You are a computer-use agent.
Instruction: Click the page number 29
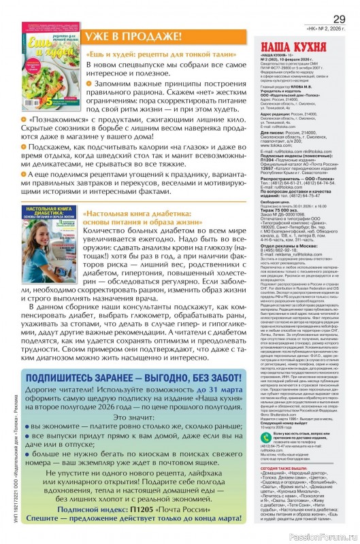click(338, 19)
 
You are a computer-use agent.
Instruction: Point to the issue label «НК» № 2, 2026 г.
click(328, 30)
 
